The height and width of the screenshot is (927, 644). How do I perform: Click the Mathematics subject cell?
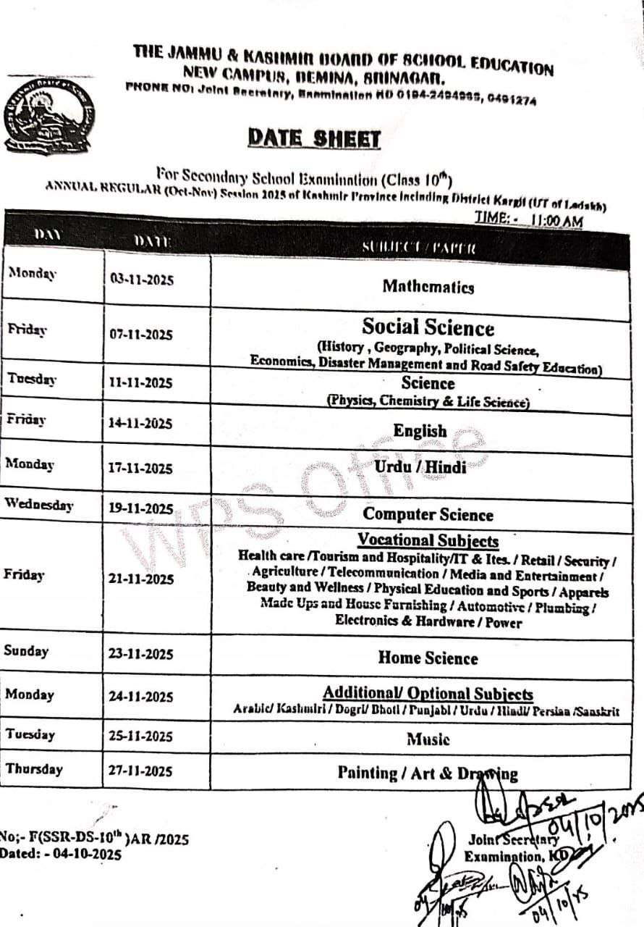click(x=428, y=286)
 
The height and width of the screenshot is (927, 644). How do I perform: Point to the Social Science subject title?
click(x=428, y=327)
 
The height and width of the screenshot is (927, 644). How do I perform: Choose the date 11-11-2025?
click(x=141, y=383)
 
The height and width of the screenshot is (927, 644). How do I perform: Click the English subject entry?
click(x=420, y=431)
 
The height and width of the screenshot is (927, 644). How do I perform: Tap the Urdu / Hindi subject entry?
click(x=420, y=467)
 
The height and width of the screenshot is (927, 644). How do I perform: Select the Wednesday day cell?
click(x=39, y=505)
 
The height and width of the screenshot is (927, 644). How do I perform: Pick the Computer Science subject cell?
click(x=428, y=514)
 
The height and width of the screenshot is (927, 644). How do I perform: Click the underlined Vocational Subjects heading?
click(x=428, y=540)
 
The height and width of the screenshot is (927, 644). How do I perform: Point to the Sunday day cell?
click(x=26, y=650)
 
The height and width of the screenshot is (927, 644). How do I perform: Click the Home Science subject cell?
click(x=428, y=658)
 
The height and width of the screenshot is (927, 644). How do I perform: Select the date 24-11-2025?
click(x=141, y=697)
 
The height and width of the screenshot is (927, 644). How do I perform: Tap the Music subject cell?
click(x=428, y=739)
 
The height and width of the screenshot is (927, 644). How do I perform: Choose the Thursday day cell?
click(x=34, y=769)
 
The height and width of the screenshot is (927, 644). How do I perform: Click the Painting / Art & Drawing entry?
click(x=428, y=773)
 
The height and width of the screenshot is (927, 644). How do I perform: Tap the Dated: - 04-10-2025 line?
click(x=61, y=853)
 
